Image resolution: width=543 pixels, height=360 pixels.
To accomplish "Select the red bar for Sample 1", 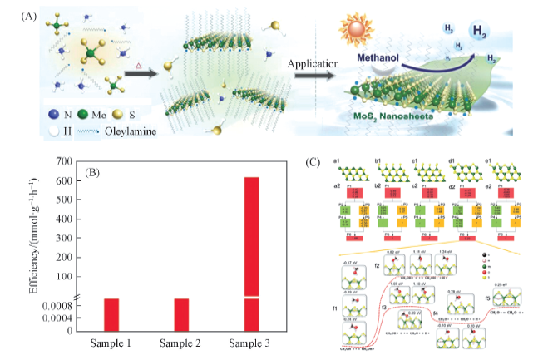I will (112, 313).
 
